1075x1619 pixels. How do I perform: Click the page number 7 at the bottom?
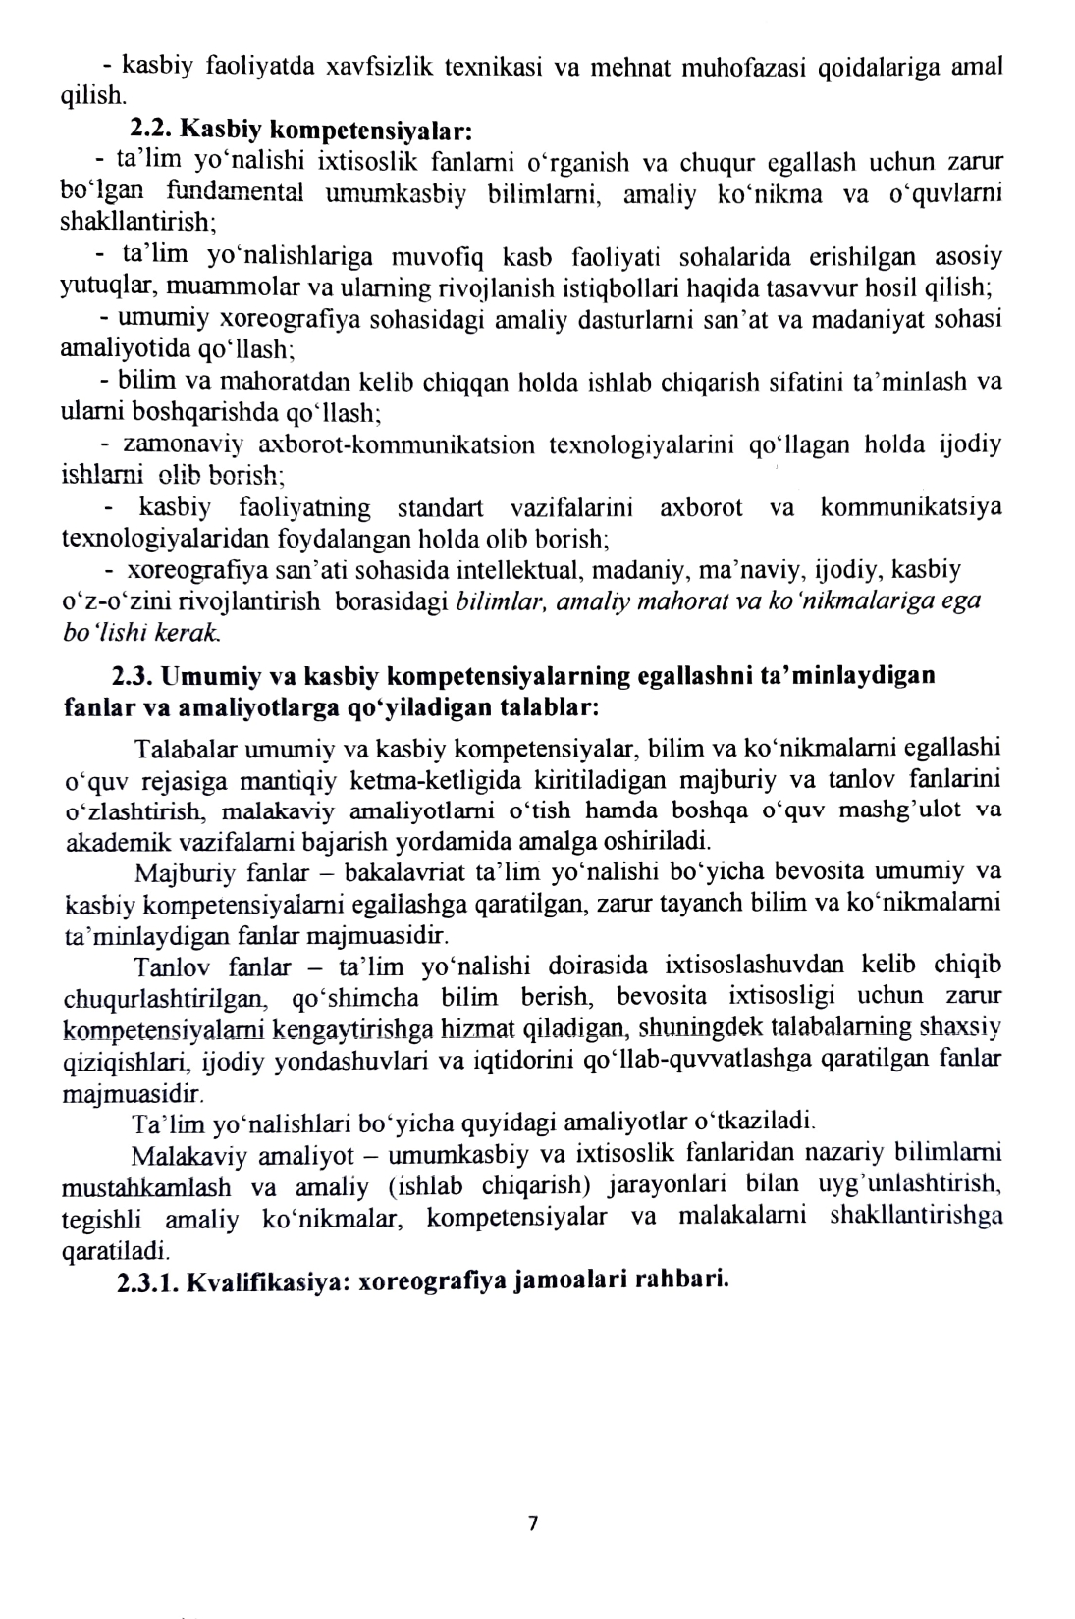(533, 1522)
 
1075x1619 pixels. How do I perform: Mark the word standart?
(439, 508)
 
